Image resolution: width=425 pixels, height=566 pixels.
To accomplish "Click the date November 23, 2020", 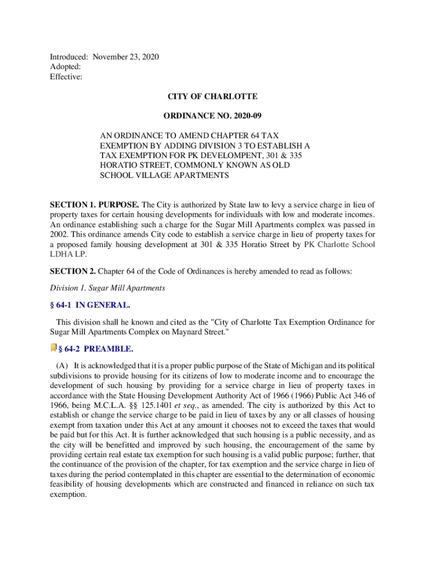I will (126, 57).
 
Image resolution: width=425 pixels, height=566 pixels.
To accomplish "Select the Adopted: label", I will (66, 67).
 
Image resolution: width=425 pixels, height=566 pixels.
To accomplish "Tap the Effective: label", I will (66, 77).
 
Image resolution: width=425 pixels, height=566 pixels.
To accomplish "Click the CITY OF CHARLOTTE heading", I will (212, 97).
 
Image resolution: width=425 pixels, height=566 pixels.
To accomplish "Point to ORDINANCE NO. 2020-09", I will (212, 117).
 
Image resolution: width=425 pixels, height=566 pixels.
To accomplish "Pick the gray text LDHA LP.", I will (68, 254).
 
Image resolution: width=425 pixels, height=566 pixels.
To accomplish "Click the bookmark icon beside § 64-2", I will (54, 348).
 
